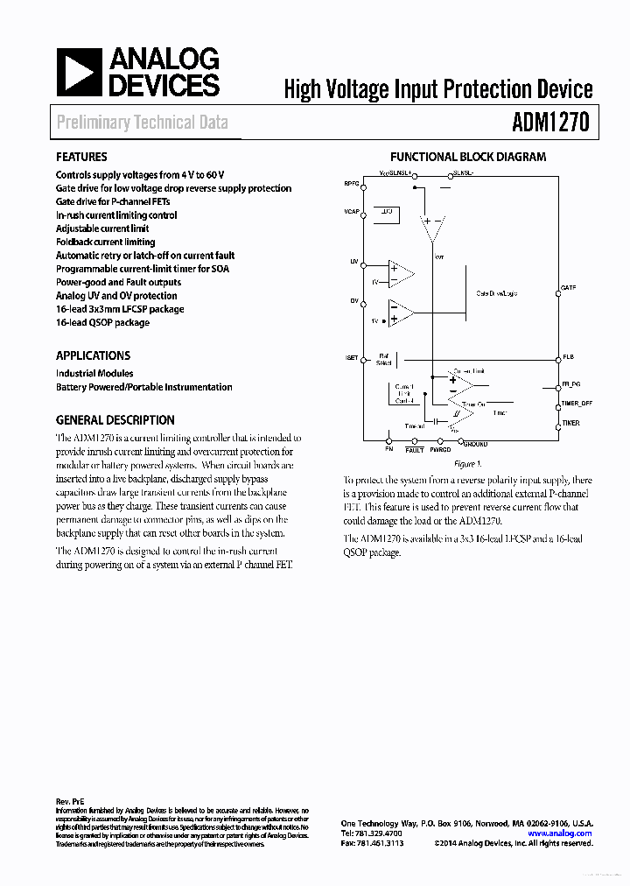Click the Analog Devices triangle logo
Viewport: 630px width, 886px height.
(80, 72)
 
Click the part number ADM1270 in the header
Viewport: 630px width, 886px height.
(549, 123)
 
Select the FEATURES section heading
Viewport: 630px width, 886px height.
(81, 158)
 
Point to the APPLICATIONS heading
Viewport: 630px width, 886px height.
(93, 355)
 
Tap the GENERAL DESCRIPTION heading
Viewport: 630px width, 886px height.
(115, 420)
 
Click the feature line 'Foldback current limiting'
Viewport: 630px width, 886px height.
(105, 243)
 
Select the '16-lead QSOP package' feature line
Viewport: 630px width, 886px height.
(102, 323)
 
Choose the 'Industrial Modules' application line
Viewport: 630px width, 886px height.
(94, 373)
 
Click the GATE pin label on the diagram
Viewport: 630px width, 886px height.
(569, 288)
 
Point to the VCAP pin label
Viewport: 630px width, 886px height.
(352, 212)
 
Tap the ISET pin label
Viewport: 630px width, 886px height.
(352, 359)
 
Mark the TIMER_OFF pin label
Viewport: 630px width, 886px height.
(577, 404)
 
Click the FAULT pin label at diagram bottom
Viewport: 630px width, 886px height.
(415, 450)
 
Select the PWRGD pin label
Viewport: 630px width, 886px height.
(439, 450)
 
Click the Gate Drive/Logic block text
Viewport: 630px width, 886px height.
(496, 294)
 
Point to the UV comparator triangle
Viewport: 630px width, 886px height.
(402, 274)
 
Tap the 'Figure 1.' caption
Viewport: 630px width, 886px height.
(467, 464)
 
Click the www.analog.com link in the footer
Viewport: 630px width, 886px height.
(560, 834)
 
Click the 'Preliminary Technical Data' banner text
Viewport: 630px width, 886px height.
(142, 123)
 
